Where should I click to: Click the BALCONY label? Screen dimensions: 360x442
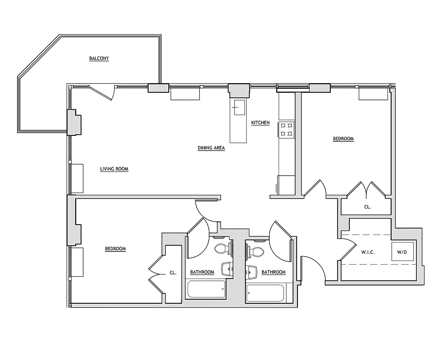pos(99,58)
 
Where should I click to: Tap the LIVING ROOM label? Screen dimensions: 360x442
pos(114,169)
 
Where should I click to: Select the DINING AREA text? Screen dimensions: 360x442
pos(211,148)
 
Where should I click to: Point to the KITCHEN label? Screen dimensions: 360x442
pos(260,122)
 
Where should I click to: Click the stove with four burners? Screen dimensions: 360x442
pos(287,129)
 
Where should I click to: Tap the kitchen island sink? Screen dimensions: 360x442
pos(238,108)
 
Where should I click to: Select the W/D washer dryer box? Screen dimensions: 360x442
pos(401,252)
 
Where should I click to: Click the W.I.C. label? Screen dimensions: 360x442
pos(368,252)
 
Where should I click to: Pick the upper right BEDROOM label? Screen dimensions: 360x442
pos(343,139)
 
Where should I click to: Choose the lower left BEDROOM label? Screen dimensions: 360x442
pos(115,249)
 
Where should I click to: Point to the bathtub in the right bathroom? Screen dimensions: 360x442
pos(266,293)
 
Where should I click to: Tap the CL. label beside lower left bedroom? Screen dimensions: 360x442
pos(173,273)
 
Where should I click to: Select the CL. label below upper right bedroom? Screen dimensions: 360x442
pos(367,207)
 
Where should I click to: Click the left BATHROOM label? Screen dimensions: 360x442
pos(202,272)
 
